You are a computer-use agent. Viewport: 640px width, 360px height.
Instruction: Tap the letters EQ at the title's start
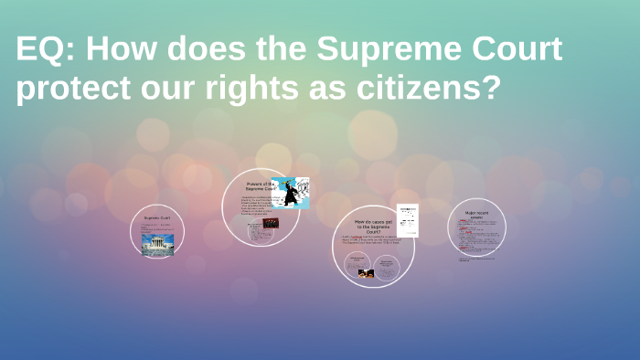[x=37, y=51]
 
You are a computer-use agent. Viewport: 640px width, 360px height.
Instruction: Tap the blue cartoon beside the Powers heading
[x=291, y=193]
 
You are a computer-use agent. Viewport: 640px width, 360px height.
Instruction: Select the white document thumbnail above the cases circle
[x=407, y=219]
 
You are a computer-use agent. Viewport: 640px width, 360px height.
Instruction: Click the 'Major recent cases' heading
[x=477, y=216]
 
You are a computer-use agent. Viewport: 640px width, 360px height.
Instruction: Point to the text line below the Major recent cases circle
[x=477, y=259]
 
